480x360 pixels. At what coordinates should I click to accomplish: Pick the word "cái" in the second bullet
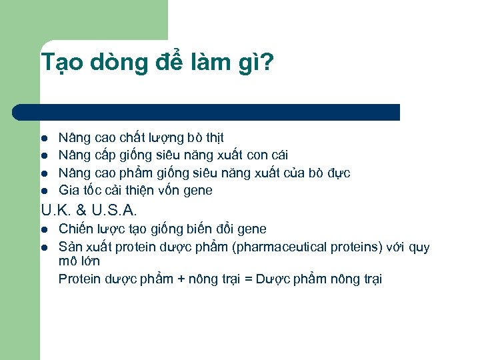click(278, 155)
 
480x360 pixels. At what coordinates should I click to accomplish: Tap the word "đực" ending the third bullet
click(338, 173)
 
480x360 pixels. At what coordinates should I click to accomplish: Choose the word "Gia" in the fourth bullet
click(68, 191)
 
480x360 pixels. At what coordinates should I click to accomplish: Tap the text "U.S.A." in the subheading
click(115, 211)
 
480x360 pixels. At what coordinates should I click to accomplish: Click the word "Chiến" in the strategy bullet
click(75, 229)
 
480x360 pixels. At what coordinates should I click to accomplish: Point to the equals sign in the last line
click(247, 279)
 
